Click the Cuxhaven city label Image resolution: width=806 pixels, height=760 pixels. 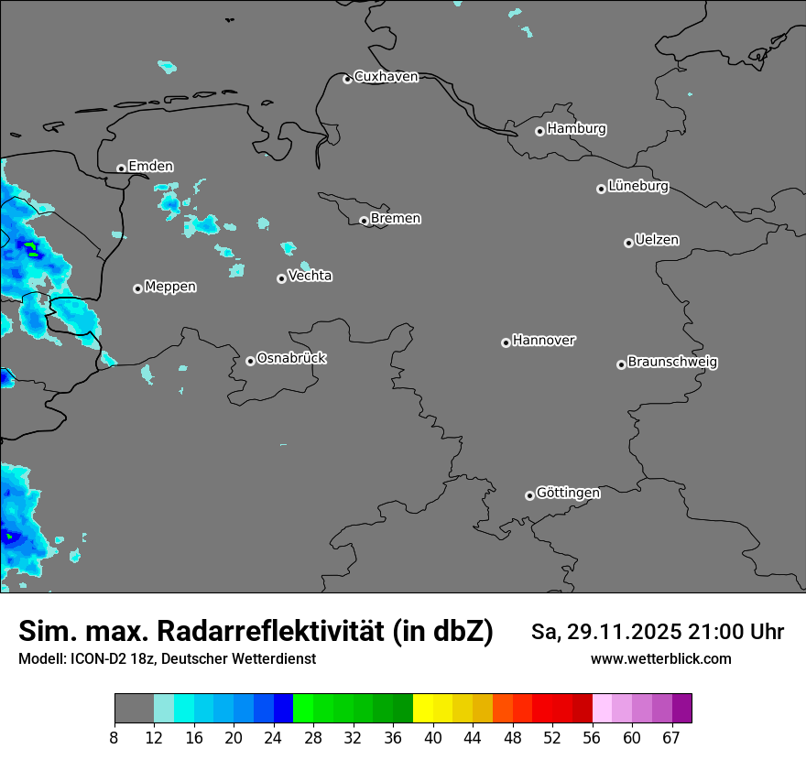click(386, 77)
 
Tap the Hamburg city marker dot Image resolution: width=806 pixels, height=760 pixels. click(539, 131)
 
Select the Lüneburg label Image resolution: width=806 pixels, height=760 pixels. click(638, 186)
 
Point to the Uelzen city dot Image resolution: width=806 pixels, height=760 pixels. click(628, 243)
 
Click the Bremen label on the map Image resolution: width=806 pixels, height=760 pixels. click(396, 218)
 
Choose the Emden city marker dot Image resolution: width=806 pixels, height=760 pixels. click(121, 168)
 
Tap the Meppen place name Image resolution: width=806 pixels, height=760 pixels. click(170, 287)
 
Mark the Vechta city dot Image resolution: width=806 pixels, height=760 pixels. click(281, 278)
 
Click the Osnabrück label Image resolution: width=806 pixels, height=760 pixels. click(291, 358)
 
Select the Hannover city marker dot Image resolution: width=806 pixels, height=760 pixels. click(506, 342)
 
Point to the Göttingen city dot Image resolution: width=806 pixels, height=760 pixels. click(529, 495)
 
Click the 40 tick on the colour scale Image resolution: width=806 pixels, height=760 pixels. click(432, 737)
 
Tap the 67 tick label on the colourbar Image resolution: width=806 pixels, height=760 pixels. click(671, 737)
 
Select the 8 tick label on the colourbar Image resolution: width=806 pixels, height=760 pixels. click(114, 737)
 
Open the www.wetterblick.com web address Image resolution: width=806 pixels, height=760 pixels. click(660, 658)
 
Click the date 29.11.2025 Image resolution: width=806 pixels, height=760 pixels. click(621, 632)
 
